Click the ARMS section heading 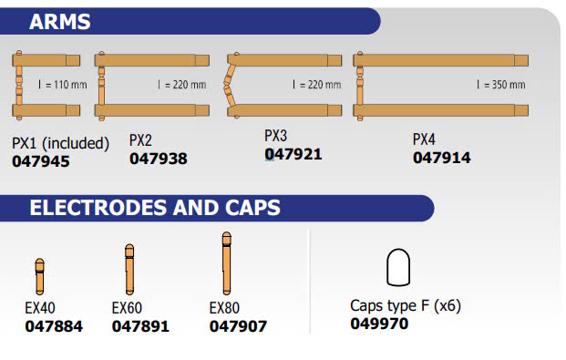tap(59, 22)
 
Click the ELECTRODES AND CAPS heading tap(155, 208)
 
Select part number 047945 tap(41, 161)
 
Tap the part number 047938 tap(159, 159)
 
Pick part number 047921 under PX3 tap(293, 155)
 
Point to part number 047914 tap(442, 158)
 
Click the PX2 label tap(140, 140)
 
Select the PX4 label tap(424, 139)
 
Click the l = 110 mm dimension tap(63, 85)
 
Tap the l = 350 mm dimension tap(500, 85)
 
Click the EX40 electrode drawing tap(40, 276)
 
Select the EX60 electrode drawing tap(129, 269)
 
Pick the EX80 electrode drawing tap(227, 263)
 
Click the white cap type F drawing tap(398, 267)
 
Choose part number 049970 tap(379, 324)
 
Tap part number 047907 tap(238, 326)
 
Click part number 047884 tap(54, 326)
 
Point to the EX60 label tap(127, 308)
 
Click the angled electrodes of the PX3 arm tap(229, 86)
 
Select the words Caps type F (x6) tap(406, 305)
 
